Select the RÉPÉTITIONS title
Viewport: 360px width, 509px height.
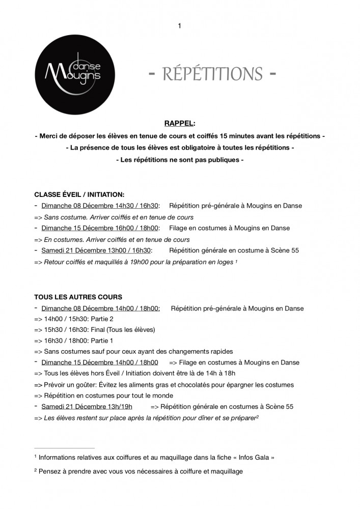click(213, 74)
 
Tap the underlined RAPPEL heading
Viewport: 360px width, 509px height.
click(179, 123)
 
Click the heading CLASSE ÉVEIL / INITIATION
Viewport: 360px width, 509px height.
click(79, 194)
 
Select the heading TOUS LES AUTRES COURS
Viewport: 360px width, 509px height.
click(78, 297)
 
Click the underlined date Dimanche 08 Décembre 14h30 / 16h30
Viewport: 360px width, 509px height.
click(100, 206)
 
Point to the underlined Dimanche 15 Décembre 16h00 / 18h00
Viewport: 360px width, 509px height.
click(100, 228)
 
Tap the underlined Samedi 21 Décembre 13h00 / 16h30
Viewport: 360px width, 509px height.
click(96, 250)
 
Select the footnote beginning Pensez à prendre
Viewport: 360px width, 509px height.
click(138, 471)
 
